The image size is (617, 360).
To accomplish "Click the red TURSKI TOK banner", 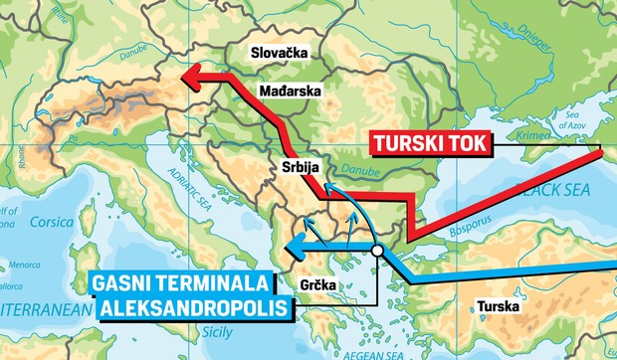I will [429, 143].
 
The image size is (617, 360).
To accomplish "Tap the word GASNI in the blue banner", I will [123, 282].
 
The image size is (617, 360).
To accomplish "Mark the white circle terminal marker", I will [377, 252].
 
